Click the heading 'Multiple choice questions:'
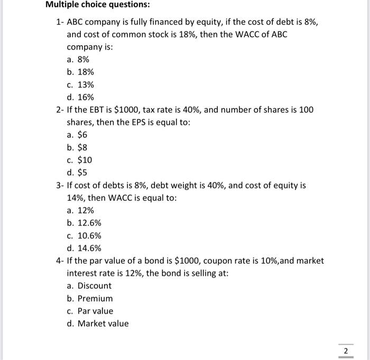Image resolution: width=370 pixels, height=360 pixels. pyautogui.click(x=97, y=5)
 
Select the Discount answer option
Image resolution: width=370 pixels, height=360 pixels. pyautogui.click(x=89, y=286)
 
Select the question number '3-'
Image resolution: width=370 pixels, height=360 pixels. pyautogui.click(x=59, y=186)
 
